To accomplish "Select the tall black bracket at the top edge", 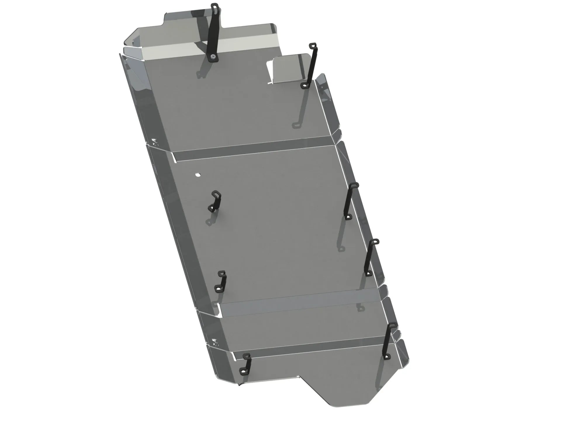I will [x=214, y=32].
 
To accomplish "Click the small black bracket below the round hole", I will [x=215, y=201].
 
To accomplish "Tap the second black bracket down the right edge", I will [x=370, y=257].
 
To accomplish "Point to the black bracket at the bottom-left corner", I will [x=246, y=364].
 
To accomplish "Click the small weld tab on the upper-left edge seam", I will [x=155, y=142].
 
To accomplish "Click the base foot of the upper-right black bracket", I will [x=305, y=85].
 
